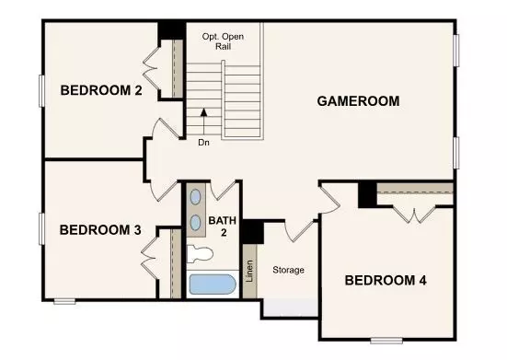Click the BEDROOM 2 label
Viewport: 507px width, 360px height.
(101, 90)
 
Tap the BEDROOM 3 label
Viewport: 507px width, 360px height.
(100, 230)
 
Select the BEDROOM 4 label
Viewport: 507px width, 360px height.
(386, 280)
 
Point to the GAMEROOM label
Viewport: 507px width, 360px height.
(358, 101)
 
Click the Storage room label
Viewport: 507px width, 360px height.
(288, 270)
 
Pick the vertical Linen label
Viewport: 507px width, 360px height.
(249, 271)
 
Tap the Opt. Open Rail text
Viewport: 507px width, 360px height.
(223, 41)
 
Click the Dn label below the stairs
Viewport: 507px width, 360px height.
(203, 143)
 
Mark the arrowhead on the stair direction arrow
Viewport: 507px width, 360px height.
(203, 112)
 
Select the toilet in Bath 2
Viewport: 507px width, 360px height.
(200, 253)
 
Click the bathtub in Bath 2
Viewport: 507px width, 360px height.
(213, 285)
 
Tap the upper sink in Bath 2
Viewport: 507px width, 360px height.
(195, 197)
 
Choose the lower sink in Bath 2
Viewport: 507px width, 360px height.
(195, 223)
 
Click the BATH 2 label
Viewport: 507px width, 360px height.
(223, 226)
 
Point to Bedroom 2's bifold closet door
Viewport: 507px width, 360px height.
(151, 68)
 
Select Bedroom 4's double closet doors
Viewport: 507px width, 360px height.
(414, 215)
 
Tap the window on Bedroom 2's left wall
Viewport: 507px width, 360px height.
(41, 91)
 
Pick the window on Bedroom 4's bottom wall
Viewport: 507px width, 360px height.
(386, 341)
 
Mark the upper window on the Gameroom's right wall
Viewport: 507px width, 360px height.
(456, 51)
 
